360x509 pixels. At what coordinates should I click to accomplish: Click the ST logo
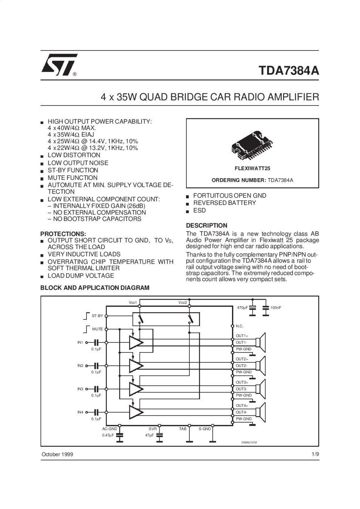[60, 64]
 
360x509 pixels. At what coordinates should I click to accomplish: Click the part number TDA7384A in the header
[289, 71]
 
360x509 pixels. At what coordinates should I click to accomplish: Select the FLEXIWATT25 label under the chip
[252, 169]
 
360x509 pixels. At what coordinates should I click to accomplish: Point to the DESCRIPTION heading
[206, 225]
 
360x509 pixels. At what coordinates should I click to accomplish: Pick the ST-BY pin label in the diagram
[97, 316]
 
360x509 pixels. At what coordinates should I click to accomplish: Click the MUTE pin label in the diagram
[97, 329]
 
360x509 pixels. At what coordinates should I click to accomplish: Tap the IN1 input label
[80, 342]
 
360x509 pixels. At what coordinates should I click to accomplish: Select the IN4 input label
[80, 412]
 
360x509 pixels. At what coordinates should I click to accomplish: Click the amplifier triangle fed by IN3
[136, 389]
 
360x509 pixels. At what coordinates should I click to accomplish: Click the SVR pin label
[152, 429]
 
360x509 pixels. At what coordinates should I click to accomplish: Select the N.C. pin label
[240, 326]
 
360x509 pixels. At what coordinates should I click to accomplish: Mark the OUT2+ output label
[242, 359]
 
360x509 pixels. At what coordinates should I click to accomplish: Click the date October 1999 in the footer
[57, 454]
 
